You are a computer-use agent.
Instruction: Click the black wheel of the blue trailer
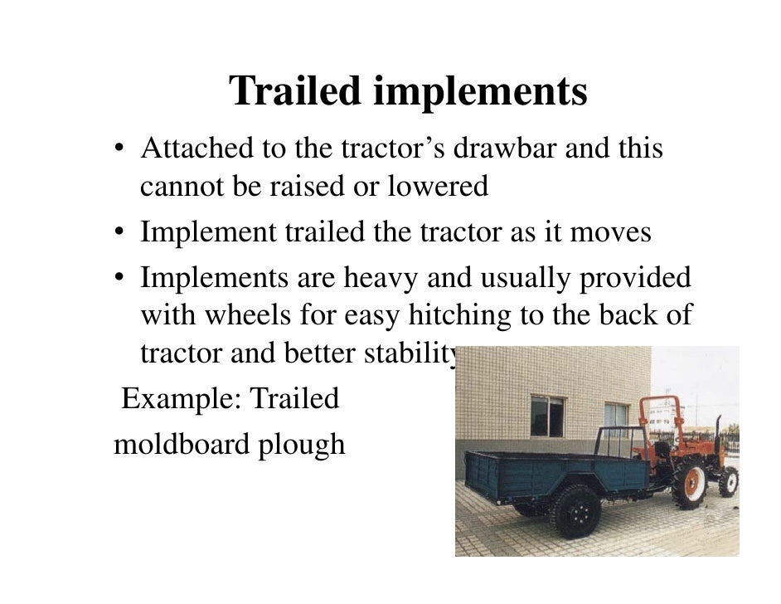(575, 511)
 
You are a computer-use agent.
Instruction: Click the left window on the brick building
(546, 416)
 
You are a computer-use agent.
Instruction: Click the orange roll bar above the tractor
(661, 412)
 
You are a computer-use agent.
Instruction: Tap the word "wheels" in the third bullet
(251, 316)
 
